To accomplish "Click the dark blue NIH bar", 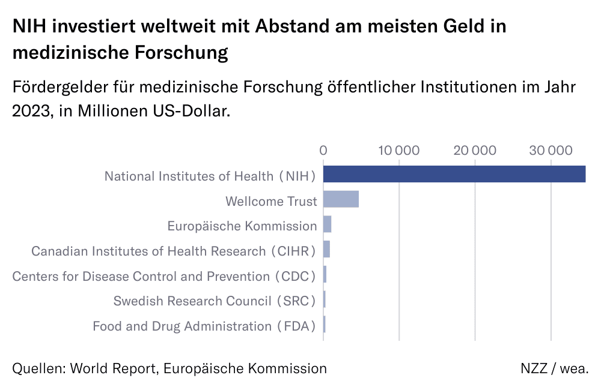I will (454, 174).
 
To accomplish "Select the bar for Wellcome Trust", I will (341, 199).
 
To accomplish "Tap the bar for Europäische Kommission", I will (327, 224).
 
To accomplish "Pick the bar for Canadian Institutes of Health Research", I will (326, 249).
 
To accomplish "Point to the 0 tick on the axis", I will (323, 150).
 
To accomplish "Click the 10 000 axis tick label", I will (399, 150).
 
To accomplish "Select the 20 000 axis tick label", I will (475, 150).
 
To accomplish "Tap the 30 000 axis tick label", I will (551, 150).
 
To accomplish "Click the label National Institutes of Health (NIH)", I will (210, 176).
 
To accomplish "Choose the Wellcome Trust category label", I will (270, 201).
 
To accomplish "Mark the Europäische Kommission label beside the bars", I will (242, 226).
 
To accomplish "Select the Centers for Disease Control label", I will (164, 277).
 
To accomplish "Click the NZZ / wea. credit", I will (554, 368).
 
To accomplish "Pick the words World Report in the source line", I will (114, 368).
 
